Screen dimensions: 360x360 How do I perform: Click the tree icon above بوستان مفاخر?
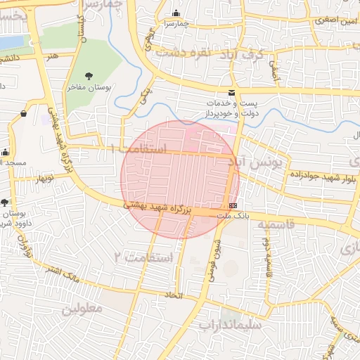pos(89,76)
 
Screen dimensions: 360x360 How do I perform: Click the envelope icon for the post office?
pos(232,94)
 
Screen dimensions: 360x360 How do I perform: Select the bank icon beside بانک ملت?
pos(233,205)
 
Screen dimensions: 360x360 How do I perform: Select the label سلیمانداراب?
pos(229,326)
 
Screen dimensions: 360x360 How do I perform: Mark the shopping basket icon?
pos(23,113)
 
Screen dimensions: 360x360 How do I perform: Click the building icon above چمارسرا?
pos(175,13)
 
